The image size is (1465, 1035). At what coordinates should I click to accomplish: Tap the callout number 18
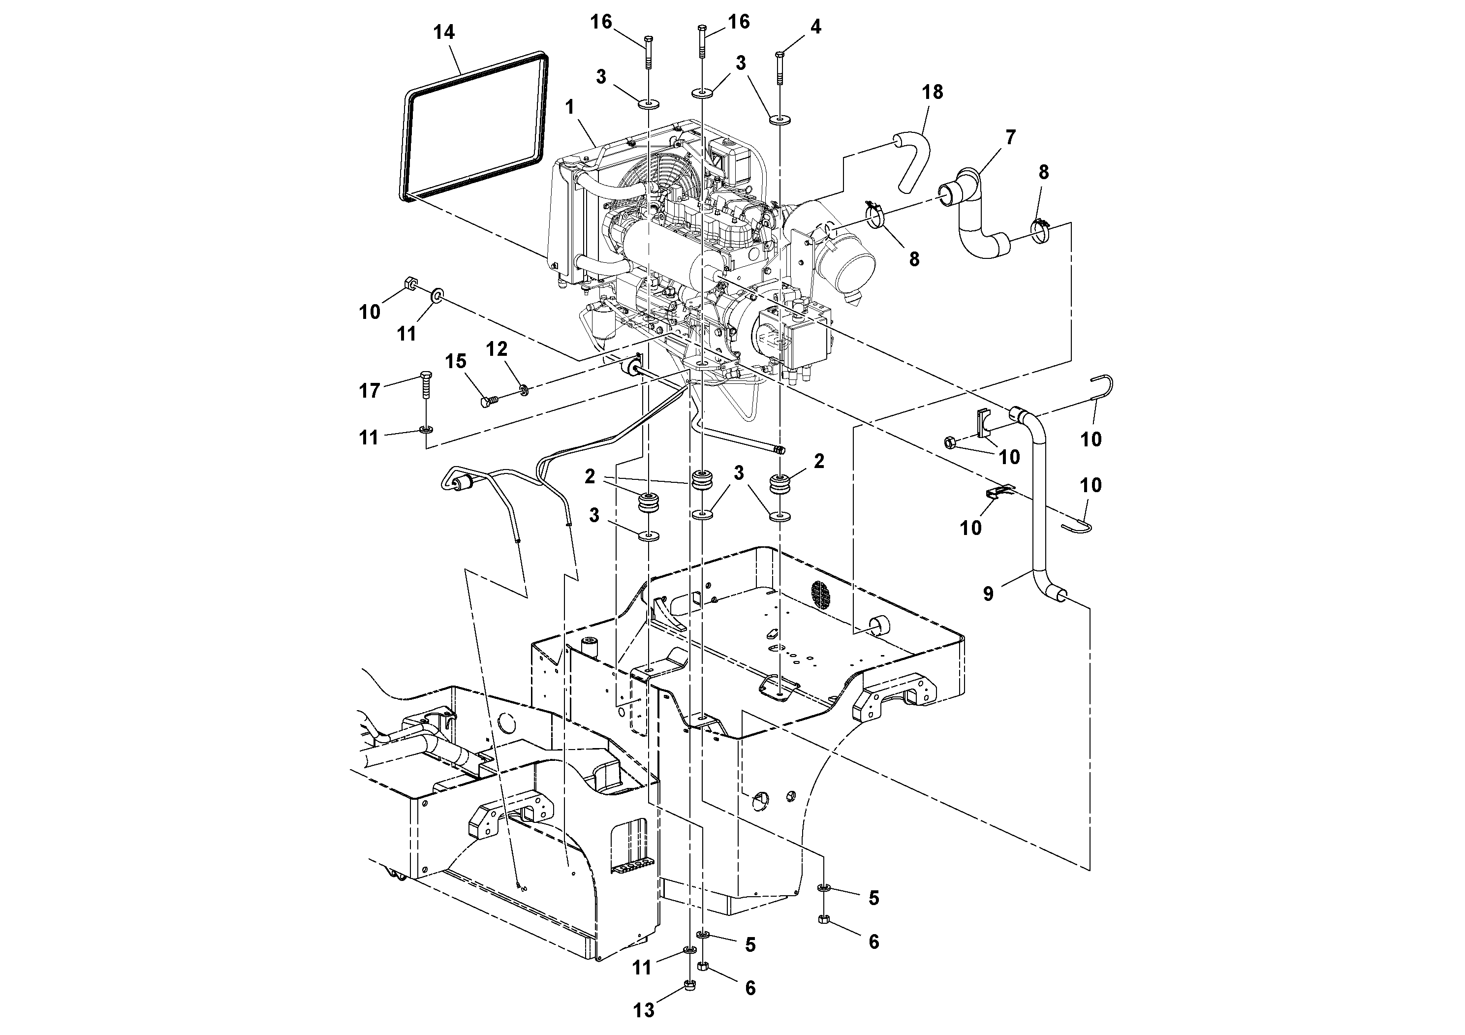[932, 93]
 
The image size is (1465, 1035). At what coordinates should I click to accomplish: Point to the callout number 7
[1010, 138]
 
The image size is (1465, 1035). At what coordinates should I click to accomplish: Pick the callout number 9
[988, 594]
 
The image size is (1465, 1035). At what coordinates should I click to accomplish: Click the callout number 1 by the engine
[570, 107]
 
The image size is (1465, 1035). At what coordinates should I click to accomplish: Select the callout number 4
[815, 27]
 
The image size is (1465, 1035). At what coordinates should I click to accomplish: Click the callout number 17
[370, 390]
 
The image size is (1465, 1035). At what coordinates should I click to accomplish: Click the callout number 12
[497, 349]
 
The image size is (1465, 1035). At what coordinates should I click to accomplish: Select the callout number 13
[644, 1010]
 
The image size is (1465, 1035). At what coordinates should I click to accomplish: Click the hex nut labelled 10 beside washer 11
[411, 284]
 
